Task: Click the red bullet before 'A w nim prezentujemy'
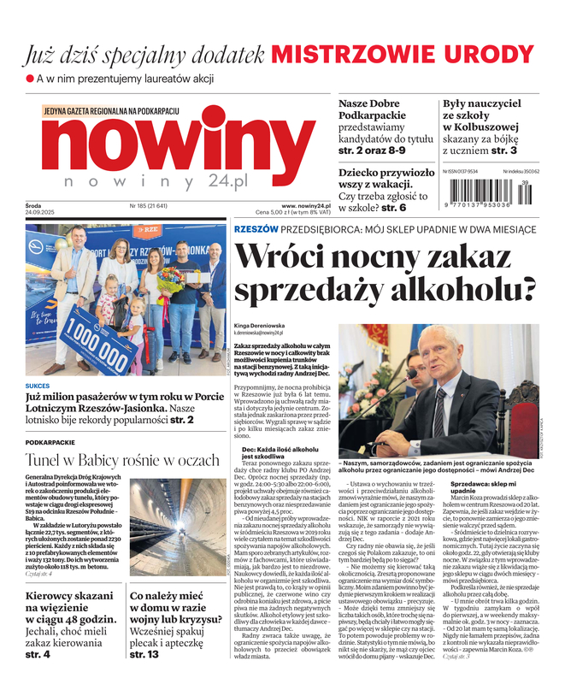pyautogui.click(x=29, y=80)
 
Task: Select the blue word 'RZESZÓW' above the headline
pyautogui.click(x=256, y=229)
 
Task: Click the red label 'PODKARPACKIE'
pyautogui.click(x=50, y=443)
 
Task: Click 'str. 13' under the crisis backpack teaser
pyautogui.click(x=144, y=655)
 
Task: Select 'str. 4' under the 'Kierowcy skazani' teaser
pyautogui.click(x=38, y=655)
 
